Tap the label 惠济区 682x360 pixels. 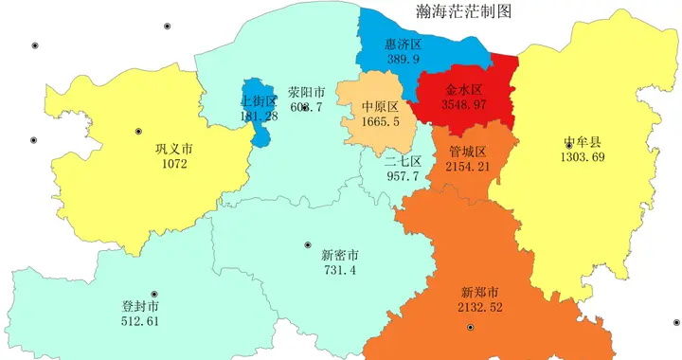(403, 45)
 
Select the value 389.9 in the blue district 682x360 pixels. (403, 59)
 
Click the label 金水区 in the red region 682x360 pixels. (464, 89)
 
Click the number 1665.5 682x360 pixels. (381, 121)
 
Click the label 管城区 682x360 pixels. (467, 152)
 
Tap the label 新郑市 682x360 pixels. (480, 292)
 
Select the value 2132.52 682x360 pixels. (480, 307)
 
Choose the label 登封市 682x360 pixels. (140, 307)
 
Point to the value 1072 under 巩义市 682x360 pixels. (174, 164)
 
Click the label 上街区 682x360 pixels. (259, 101)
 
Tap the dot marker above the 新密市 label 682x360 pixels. (308, 245)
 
